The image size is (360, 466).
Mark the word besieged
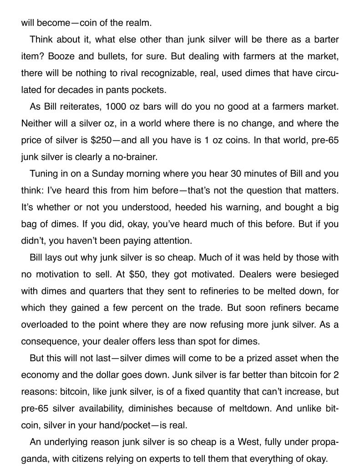pyautogui.click(x=316, y=274)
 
